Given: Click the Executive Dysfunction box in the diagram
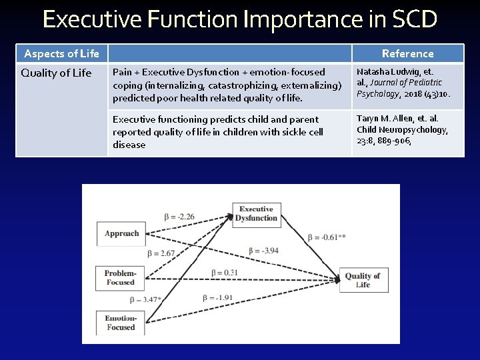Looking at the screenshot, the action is point(257,213).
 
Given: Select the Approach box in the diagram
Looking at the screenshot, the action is point(121,233).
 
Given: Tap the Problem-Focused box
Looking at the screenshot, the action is point(120,277).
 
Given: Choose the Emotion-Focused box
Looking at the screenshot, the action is point(120,323).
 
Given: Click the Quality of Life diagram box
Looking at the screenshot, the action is point(362,280).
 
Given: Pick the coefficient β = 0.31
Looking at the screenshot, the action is point(225,272).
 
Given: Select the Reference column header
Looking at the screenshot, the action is point(407,53).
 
